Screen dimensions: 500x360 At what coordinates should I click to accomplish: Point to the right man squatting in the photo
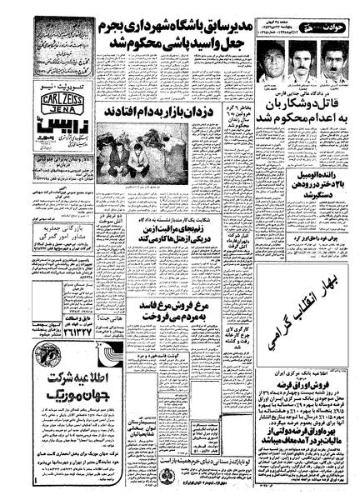pos(163,153)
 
